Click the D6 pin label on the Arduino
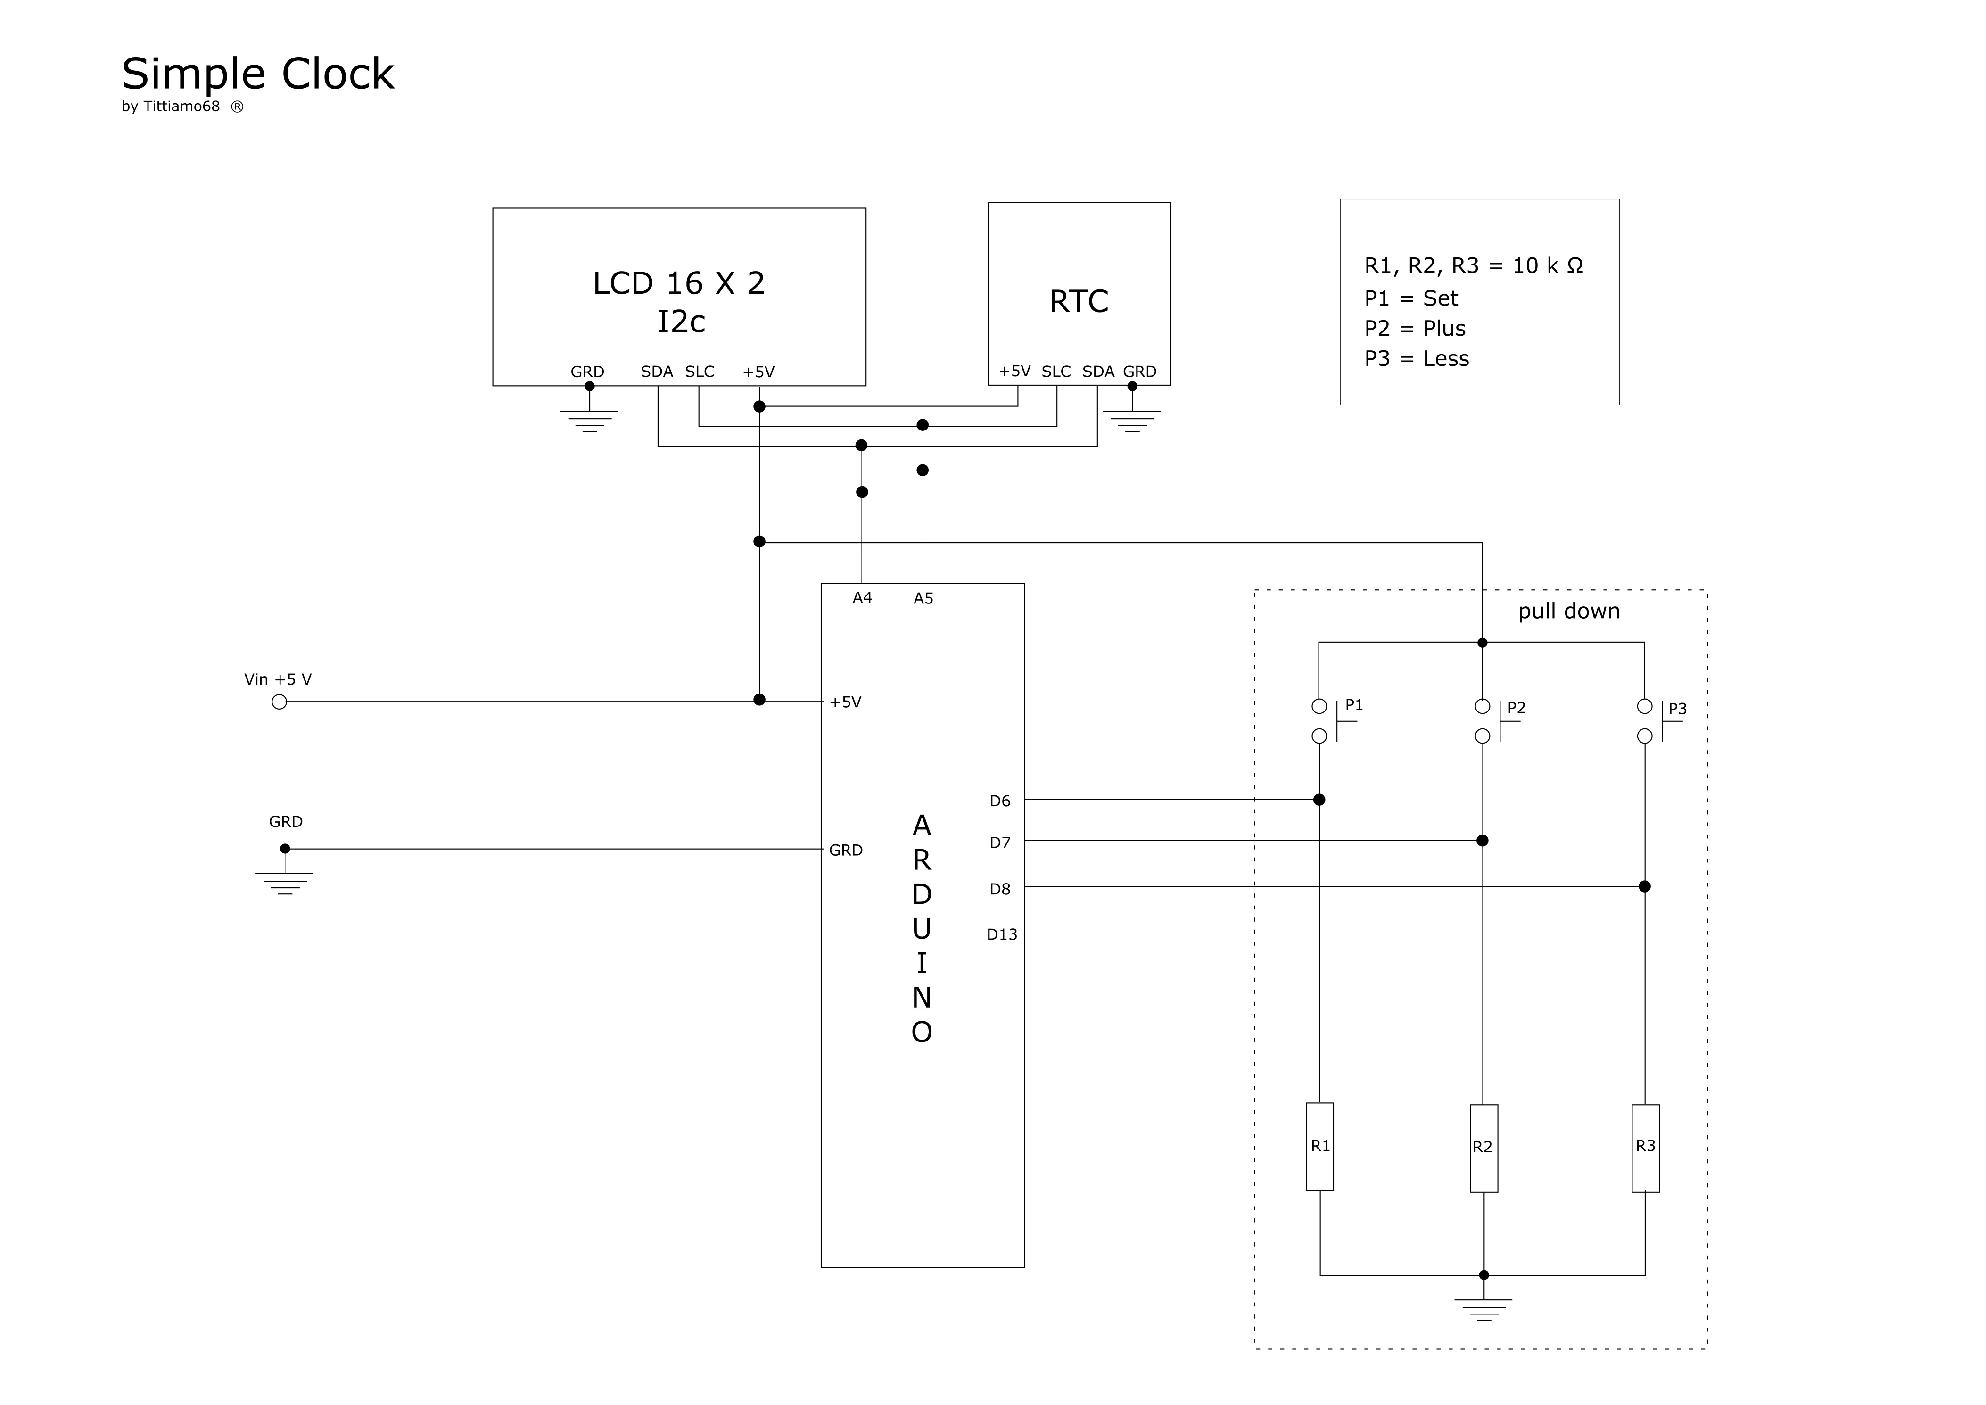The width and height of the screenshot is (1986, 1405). tap(1000, 801)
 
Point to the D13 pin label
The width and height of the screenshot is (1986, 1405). tap(1002, 934)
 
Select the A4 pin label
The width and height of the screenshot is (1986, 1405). tap(862, 598)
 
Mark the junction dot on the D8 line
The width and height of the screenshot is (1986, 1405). tap(1645, 887)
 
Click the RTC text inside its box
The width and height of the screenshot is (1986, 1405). tap(1079, 302)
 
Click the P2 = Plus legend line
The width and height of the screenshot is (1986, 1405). tap(1415, 329)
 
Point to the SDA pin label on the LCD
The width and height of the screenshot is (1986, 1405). tap(657, 372)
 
